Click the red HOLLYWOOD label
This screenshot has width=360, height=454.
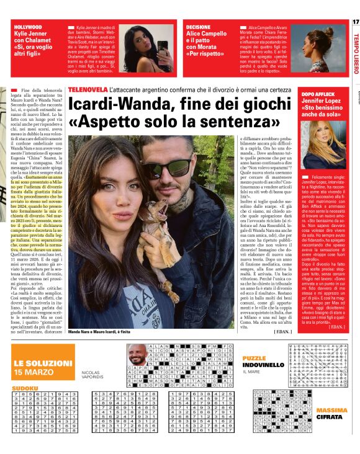point(29,27)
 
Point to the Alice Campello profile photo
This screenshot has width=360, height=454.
point(323,49)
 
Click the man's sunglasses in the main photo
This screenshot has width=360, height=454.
point(162,168)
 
